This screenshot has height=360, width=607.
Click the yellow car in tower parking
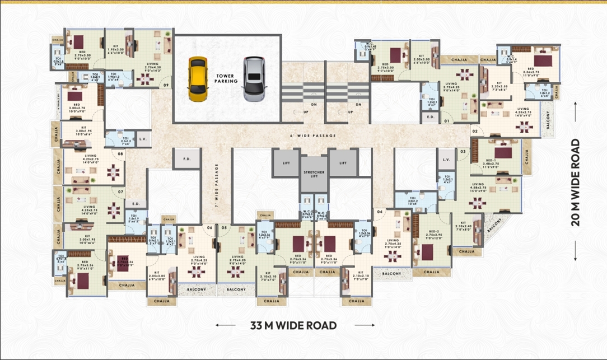tap(197, 80)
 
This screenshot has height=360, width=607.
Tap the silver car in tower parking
tap(253, 80)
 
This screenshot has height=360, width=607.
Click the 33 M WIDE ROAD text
tap(293, 325)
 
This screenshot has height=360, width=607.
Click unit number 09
tap(166, 85)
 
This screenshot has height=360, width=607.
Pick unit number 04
tap(379, 212)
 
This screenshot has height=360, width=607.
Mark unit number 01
tap(447, 120)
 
